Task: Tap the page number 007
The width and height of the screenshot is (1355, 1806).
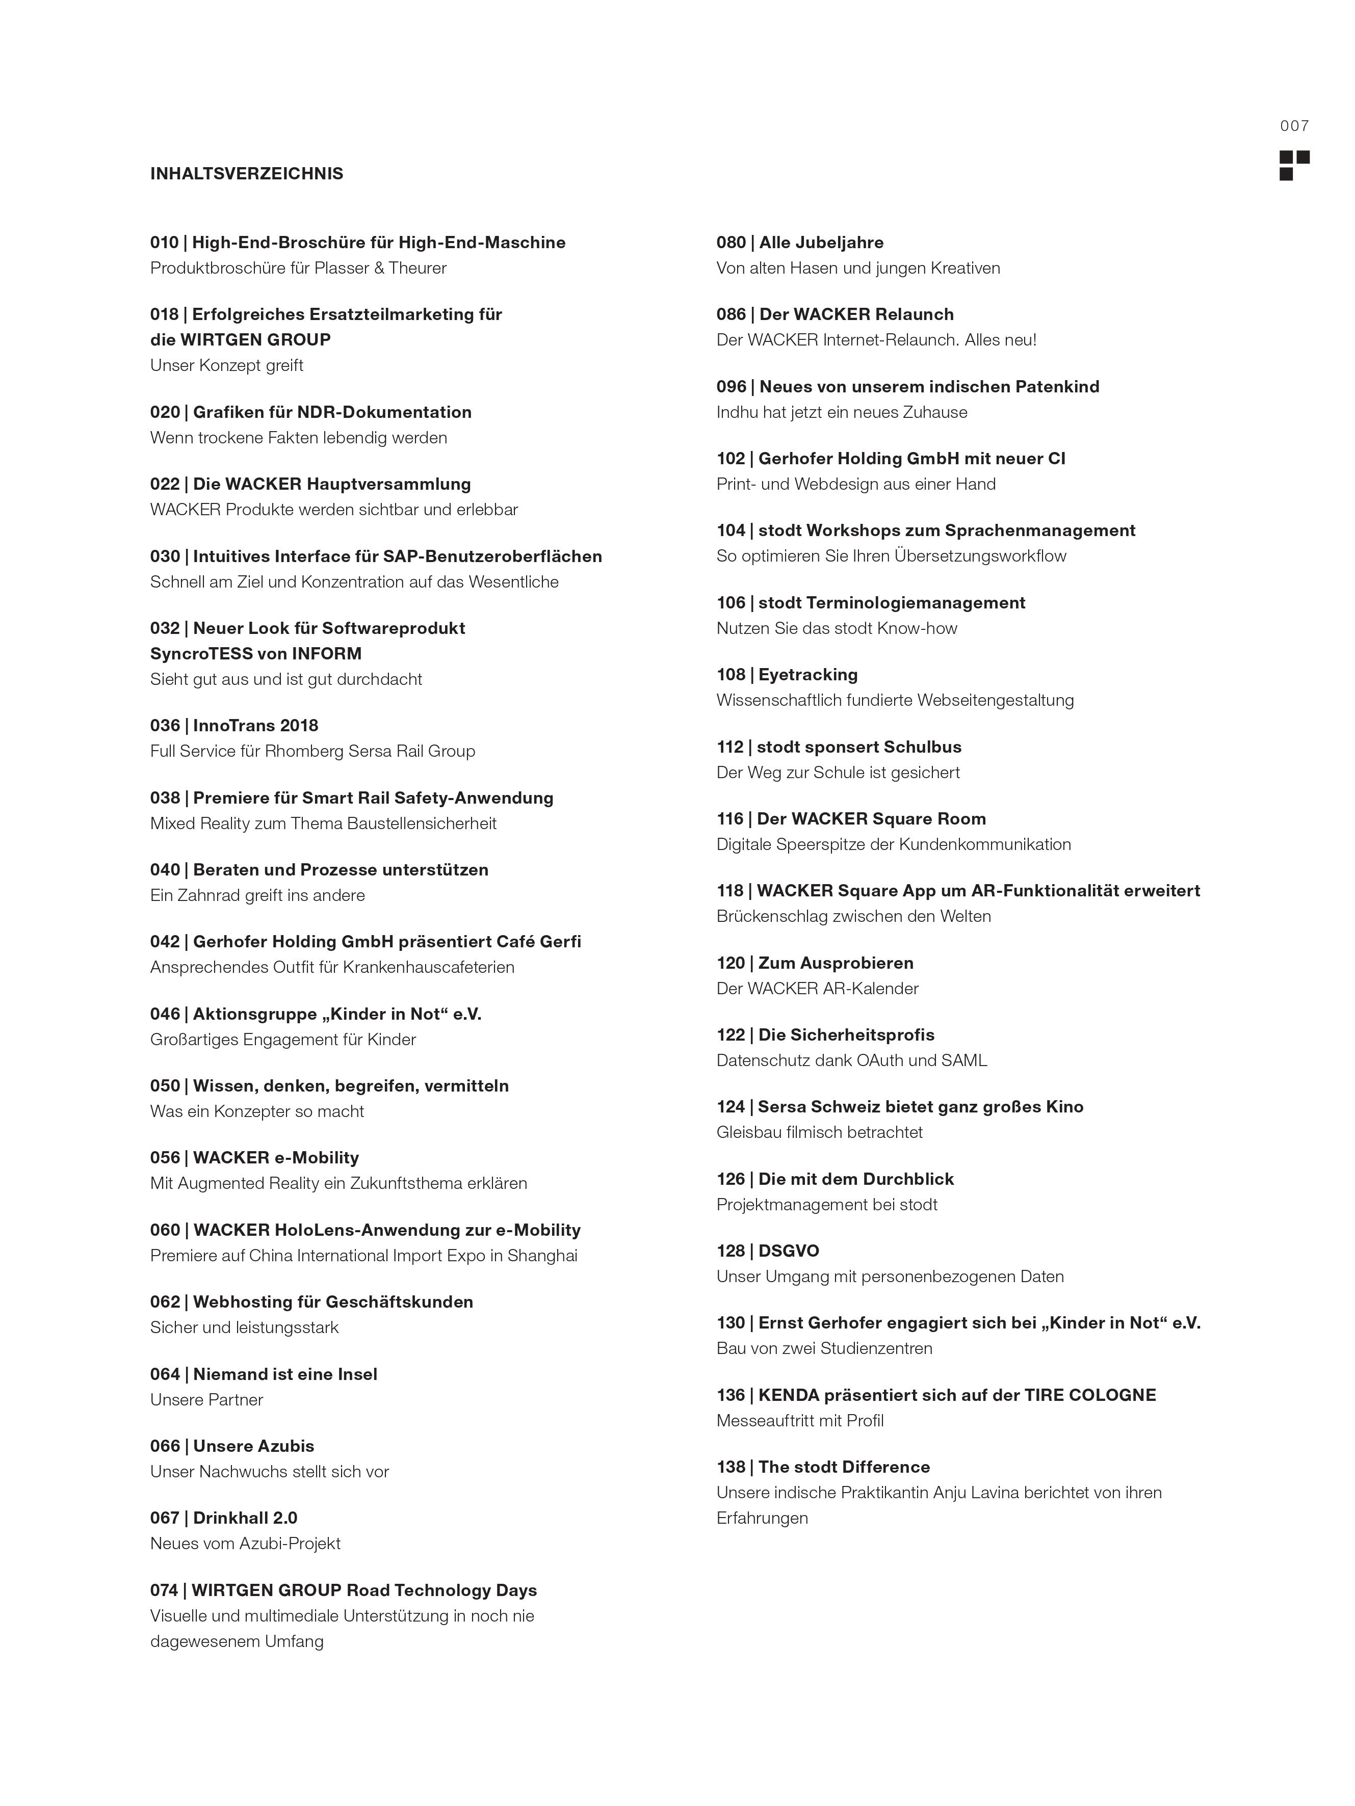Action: [x=1294, y=126]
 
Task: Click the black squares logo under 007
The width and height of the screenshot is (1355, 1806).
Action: [x=1294, y=165]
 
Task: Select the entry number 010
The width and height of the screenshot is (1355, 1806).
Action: [x=164, y=243]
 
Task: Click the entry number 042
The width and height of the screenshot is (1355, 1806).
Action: [x=164, y=942]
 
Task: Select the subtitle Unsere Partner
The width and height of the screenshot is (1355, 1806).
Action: [x=206, y=1400]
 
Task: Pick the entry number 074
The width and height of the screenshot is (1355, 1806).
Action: [x=164, y=1590]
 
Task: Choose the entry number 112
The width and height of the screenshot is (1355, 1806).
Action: [x=730, y=747]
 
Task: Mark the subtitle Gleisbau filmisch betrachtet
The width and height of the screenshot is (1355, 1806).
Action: [x=819, y=1132]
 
